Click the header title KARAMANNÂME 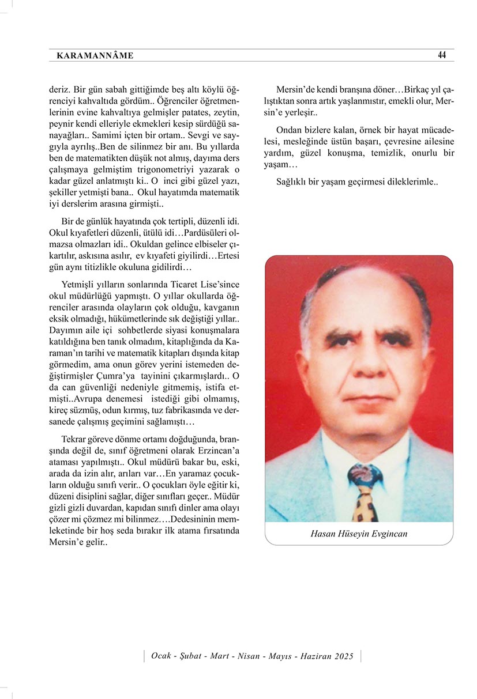(x=95, y=56)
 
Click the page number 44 (x=442, y=55)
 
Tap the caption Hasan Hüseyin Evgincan (x=359, y=534)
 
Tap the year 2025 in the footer (x=343, y=656)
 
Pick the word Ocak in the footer (x=161, y=656)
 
